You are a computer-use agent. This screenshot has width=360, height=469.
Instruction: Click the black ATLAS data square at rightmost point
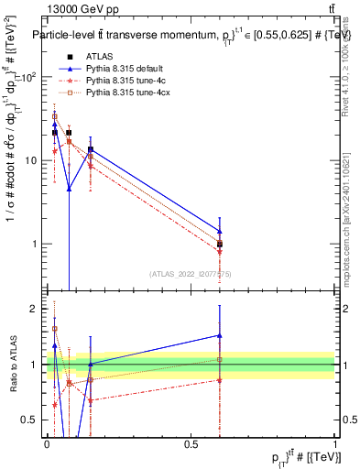pyautogui.click(x=219, y=245)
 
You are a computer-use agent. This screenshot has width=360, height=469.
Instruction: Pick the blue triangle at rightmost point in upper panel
pyautogui.click(x=219, y=231)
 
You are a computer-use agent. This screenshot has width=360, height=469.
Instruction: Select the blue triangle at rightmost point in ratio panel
pyautogui.click(x=219, y=335)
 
